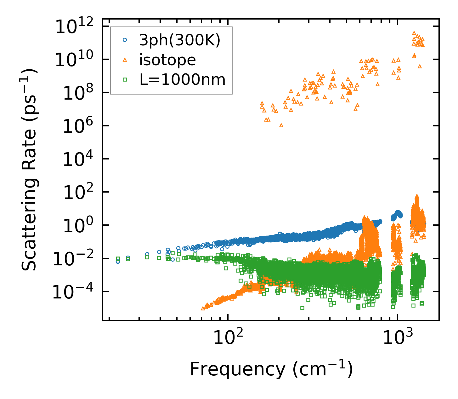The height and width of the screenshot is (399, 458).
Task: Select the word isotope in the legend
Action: tap(167, 60)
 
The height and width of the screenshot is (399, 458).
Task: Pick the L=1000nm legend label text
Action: tap(183, 80)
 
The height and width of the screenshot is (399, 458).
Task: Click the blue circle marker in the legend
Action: tap(125, 40)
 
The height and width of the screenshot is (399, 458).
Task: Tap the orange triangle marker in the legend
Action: tap(125, 60)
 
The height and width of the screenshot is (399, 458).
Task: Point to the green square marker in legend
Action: tap(125, 80)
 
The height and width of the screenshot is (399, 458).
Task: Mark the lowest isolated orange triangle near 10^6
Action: tap(281, 125)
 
